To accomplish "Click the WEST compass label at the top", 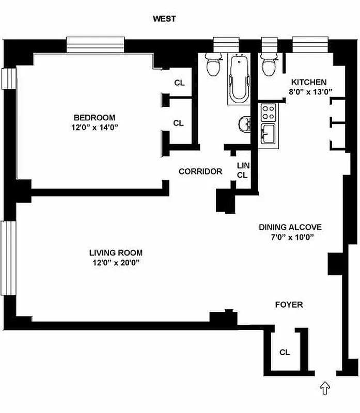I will pyautogui.click(x=164, y=19).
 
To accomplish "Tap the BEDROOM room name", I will pyautogui.click(x=94, y=117).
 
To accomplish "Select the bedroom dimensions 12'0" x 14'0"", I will pyautogui.click(x=94, y=127).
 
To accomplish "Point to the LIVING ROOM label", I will pyautogui.click(x=116, y=253).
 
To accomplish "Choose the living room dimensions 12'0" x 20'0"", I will pyautogui.click(x=116, y=263).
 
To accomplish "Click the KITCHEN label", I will pyautogui.click(x=309, y=82).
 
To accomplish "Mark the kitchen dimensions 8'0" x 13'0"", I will pyautogui.click(x=309, y=92).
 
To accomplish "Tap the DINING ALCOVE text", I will pyautogui.click(x=290, y=227).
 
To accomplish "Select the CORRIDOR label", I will pyautogui.click(x=200, y=171).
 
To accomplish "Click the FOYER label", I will pyautogui.click(x=289, y=305).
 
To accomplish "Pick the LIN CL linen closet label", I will pyautogui.click(x=242, y=170).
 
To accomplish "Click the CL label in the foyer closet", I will pyautogui.click(x=285, y=353).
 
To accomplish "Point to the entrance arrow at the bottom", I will pyautogui.click(x=325, y=387).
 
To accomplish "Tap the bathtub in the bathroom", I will pyautogui.click(x=239, y=80).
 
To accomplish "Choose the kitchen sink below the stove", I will pyautogui.click(x=268, y=134).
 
